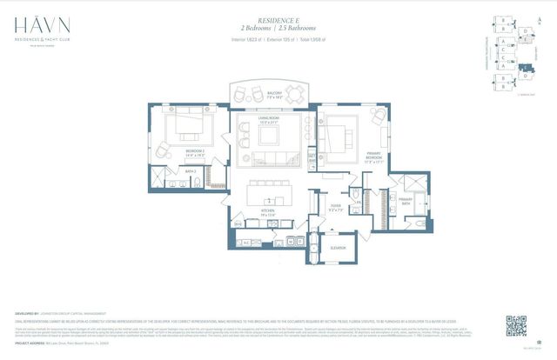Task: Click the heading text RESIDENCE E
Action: pyautogui.click(x=277, y=18)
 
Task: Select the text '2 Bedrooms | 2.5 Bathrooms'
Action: pyautogui.click(x=277, y=27)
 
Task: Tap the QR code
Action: pyautogui.click(x=516, y=326)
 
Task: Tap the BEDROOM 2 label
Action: pyautogui.click(x=194, y=153)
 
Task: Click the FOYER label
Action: pyautogui.click(x=334, y=208)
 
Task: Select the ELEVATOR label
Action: pyautogui.click(x=338, y=248)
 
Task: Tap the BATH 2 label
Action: pyautogui.click(x=190, y=172)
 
